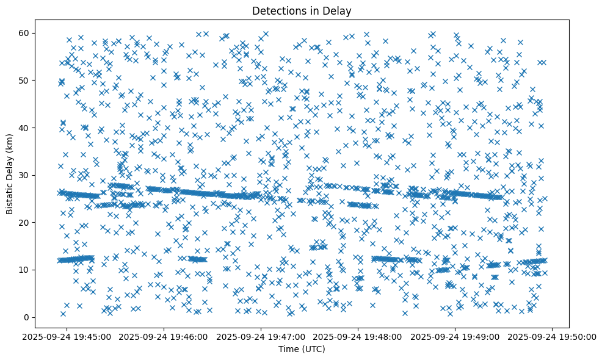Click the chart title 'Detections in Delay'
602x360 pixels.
pyautogui.click(x=301, y=10)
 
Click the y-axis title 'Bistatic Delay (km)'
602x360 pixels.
pyautogui.click(x=10, y=175)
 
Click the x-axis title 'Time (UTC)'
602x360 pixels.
pyautogui.click(x=301, y=349)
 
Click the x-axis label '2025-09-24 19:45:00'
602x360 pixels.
pyautogui.click(x=67, y=336)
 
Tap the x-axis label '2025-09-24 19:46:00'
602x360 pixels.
pyautogui.click(x=164, y=336)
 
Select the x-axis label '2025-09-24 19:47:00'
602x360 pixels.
pyautogui.click(x=261, y=336)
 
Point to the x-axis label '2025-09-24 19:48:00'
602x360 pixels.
pyautogui.click(x=358, y=336)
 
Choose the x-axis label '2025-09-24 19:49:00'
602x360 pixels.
pyautogui.click(x=455, y=336)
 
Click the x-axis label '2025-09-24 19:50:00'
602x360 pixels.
pyautogui.click(x=553, y=336)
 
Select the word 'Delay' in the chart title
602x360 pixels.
pyautogui.click(x=338, y=10)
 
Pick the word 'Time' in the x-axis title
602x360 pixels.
pyautogui.click(x=288, y=349)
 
